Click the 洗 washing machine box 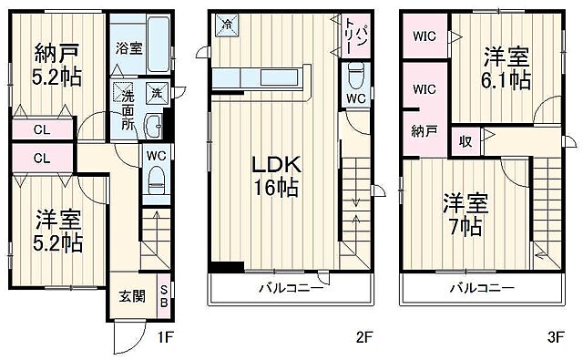click(x=157, y=92)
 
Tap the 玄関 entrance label click(x=128, y=295)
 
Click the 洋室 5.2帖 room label click(x=58, y=231)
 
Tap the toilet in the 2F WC click(x=357, y=72)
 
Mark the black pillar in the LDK click(x=226, y=267)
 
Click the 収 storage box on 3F click(x=465, y=141)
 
